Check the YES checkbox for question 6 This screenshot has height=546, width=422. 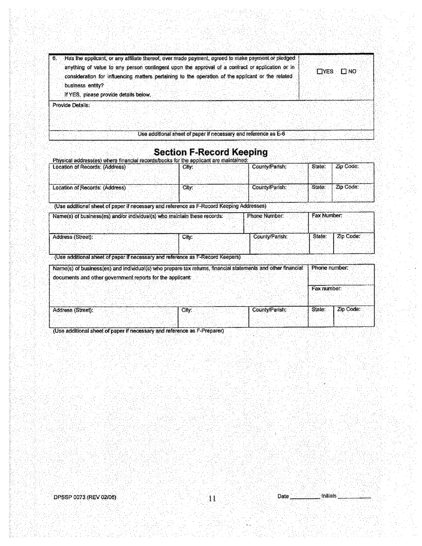click(x=320, y=71)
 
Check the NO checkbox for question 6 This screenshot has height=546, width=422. click(x=344, y=71)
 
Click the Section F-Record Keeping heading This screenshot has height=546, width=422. click(x=211, y=152)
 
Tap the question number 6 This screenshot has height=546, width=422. click(x=55, y=59)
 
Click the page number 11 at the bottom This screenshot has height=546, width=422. click(x=212, y=498)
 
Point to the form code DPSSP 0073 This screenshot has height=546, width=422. click(x=84, y=498)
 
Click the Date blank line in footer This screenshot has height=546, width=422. click(x=304, y=498)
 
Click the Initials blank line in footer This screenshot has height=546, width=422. click(x=354, y=498)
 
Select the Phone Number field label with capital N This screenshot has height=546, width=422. click(x=265, y=216)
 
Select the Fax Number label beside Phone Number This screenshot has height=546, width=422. click(x=326, y=216)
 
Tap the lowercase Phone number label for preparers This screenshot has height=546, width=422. click(x=330, y=269)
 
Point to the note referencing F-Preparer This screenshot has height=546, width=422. click(x=138, y=331)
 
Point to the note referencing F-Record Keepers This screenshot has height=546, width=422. click(x=147, y=257)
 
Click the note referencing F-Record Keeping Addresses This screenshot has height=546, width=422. click(x=160, y=206)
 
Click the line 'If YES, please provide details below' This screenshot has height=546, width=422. click(x=108, y=95)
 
